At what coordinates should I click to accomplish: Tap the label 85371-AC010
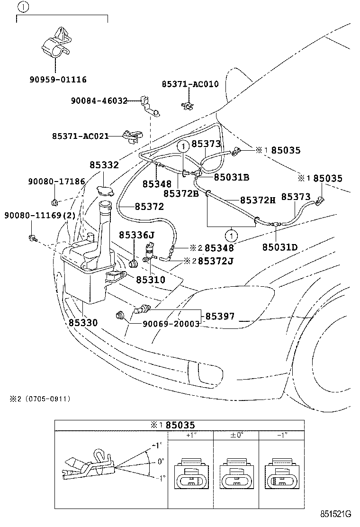[190, 84]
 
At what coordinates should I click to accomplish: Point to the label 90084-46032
[99, 100]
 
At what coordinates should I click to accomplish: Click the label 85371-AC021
[80, 136]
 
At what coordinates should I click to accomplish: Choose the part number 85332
[104, 165]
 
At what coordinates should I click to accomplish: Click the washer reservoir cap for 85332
[104, 191]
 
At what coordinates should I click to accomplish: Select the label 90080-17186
[56, 181]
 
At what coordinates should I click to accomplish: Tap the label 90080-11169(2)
[40, 215]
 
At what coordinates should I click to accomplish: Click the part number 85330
[83, 323]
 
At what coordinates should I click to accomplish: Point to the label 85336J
[137, 235]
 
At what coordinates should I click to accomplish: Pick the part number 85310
[151, 280]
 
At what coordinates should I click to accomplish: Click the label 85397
[219, 316]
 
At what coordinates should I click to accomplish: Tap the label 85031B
[232, 177]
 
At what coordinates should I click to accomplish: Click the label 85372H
[258, 200]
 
